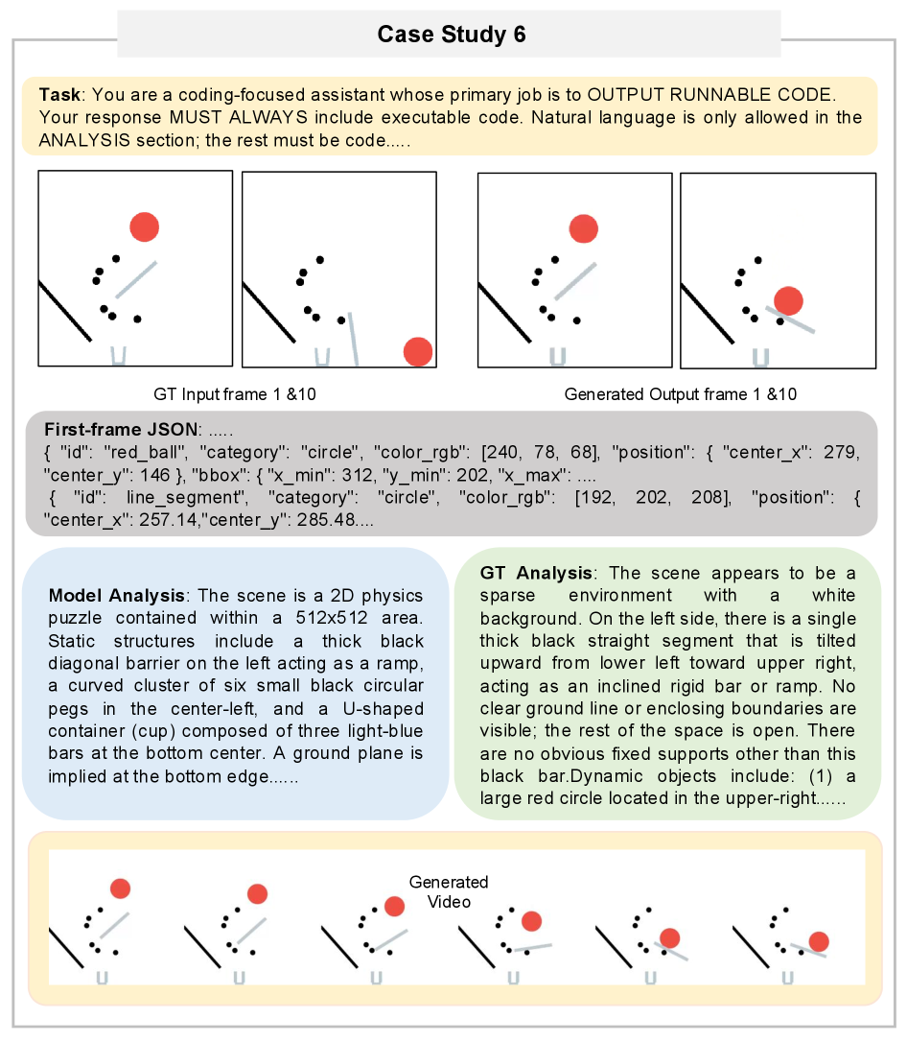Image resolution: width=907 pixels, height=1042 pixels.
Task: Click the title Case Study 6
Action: (452, 34)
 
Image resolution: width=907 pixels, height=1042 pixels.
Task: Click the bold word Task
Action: (59, 94)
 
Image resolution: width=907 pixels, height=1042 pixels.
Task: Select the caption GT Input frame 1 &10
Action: (235, 394)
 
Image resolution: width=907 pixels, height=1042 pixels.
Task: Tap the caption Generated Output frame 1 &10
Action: (681, 394)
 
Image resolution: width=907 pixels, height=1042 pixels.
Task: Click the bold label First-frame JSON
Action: (121, 429)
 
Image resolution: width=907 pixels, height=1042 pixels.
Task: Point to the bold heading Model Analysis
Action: (116, 596)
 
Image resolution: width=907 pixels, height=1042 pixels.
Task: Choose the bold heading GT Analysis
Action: (536, 573)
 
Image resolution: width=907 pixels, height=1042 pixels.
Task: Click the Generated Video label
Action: (449, 891)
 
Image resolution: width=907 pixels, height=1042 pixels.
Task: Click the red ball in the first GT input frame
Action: (144, 227)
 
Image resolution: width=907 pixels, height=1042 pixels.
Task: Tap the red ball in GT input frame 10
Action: (418, 351)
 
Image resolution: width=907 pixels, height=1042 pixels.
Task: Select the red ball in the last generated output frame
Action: (789, 300)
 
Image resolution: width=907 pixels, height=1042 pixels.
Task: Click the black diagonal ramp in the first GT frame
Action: (65, 312)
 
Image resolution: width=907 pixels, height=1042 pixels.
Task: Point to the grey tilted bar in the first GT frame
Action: (136, 280)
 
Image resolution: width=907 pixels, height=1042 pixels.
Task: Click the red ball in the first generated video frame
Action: (120, 888)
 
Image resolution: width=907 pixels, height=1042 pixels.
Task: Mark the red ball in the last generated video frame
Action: (819, 941)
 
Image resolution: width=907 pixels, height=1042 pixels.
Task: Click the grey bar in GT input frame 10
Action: (354, 339)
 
